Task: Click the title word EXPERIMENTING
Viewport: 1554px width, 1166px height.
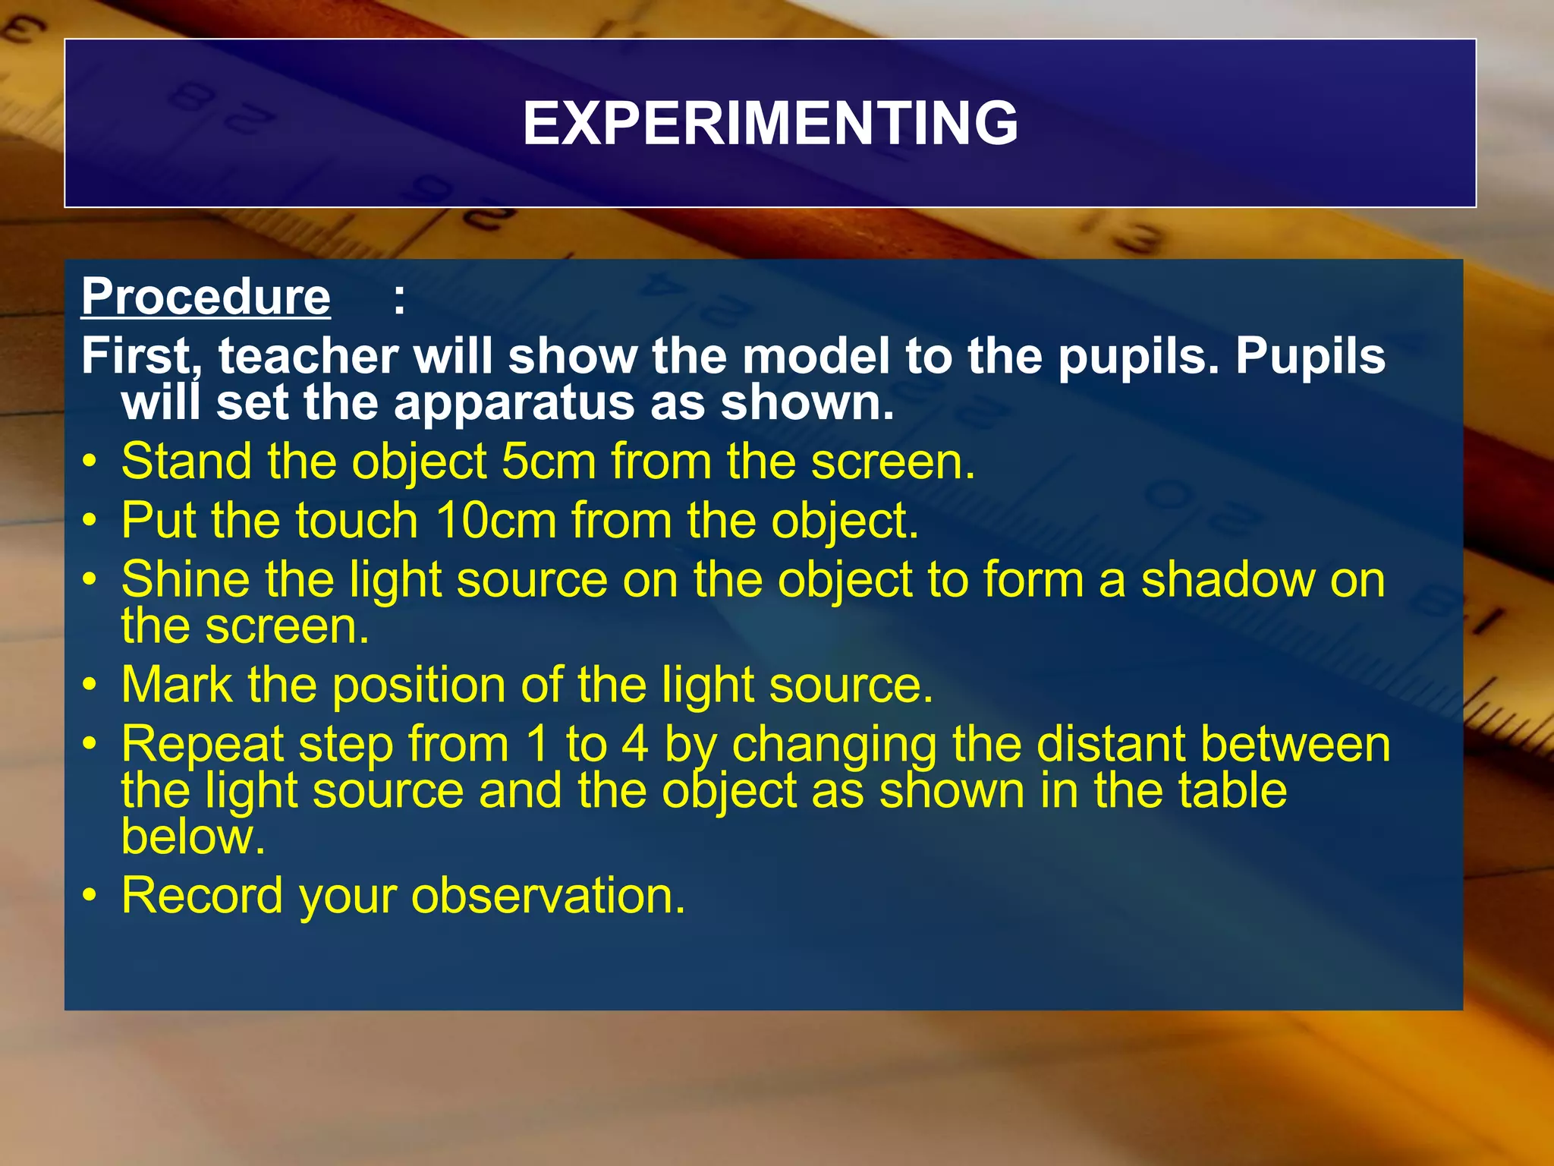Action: pos(770,124)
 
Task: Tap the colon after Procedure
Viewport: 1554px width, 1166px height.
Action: pos(399,299)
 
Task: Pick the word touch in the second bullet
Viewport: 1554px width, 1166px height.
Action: pos(356,521)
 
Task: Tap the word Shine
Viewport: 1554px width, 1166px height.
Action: pos(185,580)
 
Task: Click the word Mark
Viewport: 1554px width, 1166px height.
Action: pos(176,685)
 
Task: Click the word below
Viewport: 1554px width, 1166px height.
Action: pos(193,837)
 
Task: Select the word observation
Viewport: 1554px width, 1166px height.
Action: pos(549,896)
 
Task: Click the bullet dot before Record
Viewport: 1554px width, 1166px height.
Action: pos(90,896)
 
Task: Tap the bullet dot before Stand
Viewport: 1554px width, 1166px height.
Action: pos(90,462)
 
